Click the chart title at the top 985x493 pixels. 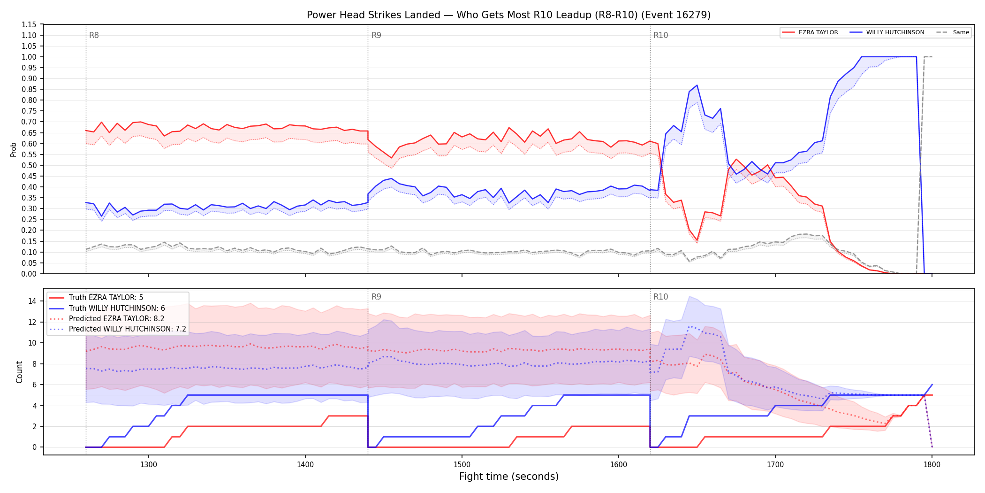508,15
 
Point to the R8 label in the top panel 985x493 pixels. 94,35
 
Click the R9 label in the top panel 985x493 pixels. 376,35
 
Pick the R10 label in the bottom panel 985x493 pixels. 660,297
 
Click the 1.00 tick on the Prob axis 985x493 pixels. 29,57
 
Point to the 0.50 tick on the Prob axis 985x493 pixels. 29,165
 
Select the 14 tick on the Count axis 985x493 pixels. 32,301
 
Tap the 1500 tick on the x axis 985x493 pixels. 462,464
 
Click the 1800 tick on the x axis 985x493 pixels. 932,464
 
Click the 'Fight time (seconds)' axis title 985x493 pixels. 509,477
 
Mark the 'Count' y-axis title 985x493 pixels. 19,372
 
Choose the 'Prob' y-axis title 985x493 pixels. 14,149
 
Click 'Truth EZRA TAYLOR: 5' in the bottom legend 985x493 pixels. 106,298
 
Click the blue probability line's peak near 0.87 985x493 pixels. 697,85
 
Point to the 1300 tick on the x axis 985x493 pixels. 149,464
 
